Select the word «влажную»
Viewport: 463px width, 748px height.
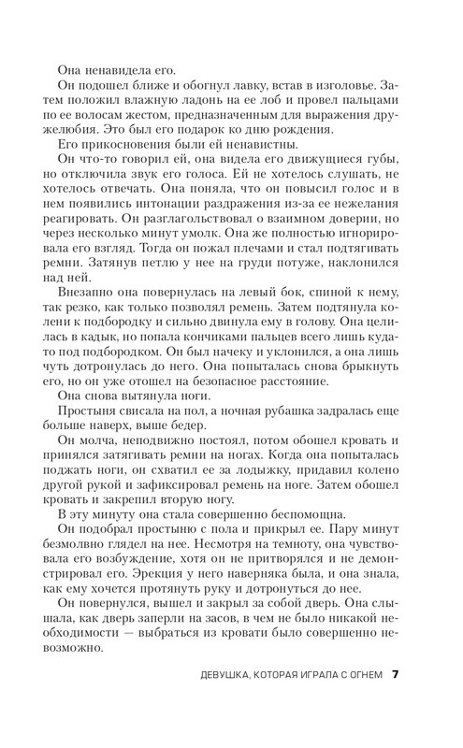177,106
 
